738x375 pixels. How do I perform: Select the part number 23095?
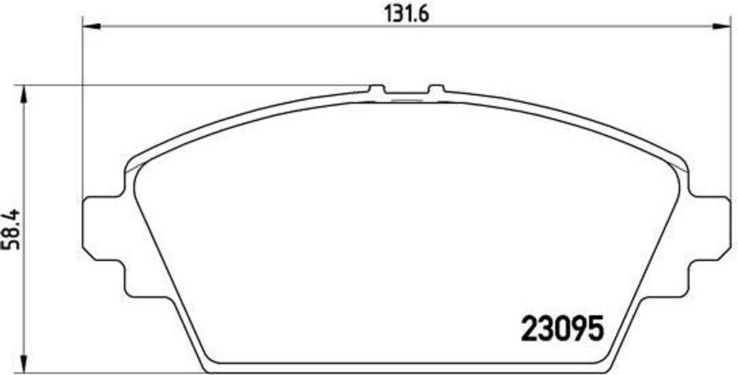(x=561, y=330)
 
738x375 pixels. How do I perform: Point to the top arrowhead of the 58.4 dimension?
(x=25, y=93)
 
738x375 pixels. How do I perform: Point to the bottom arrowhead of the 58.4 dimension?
(x=25, y=366)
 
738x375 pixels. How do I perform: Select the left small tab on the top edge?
(x=376, y=89)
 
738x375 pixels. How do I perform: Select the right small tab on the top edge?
(x=436, y=89)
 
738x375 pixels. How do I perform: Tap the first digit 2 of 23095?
(x=530, y=330)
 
